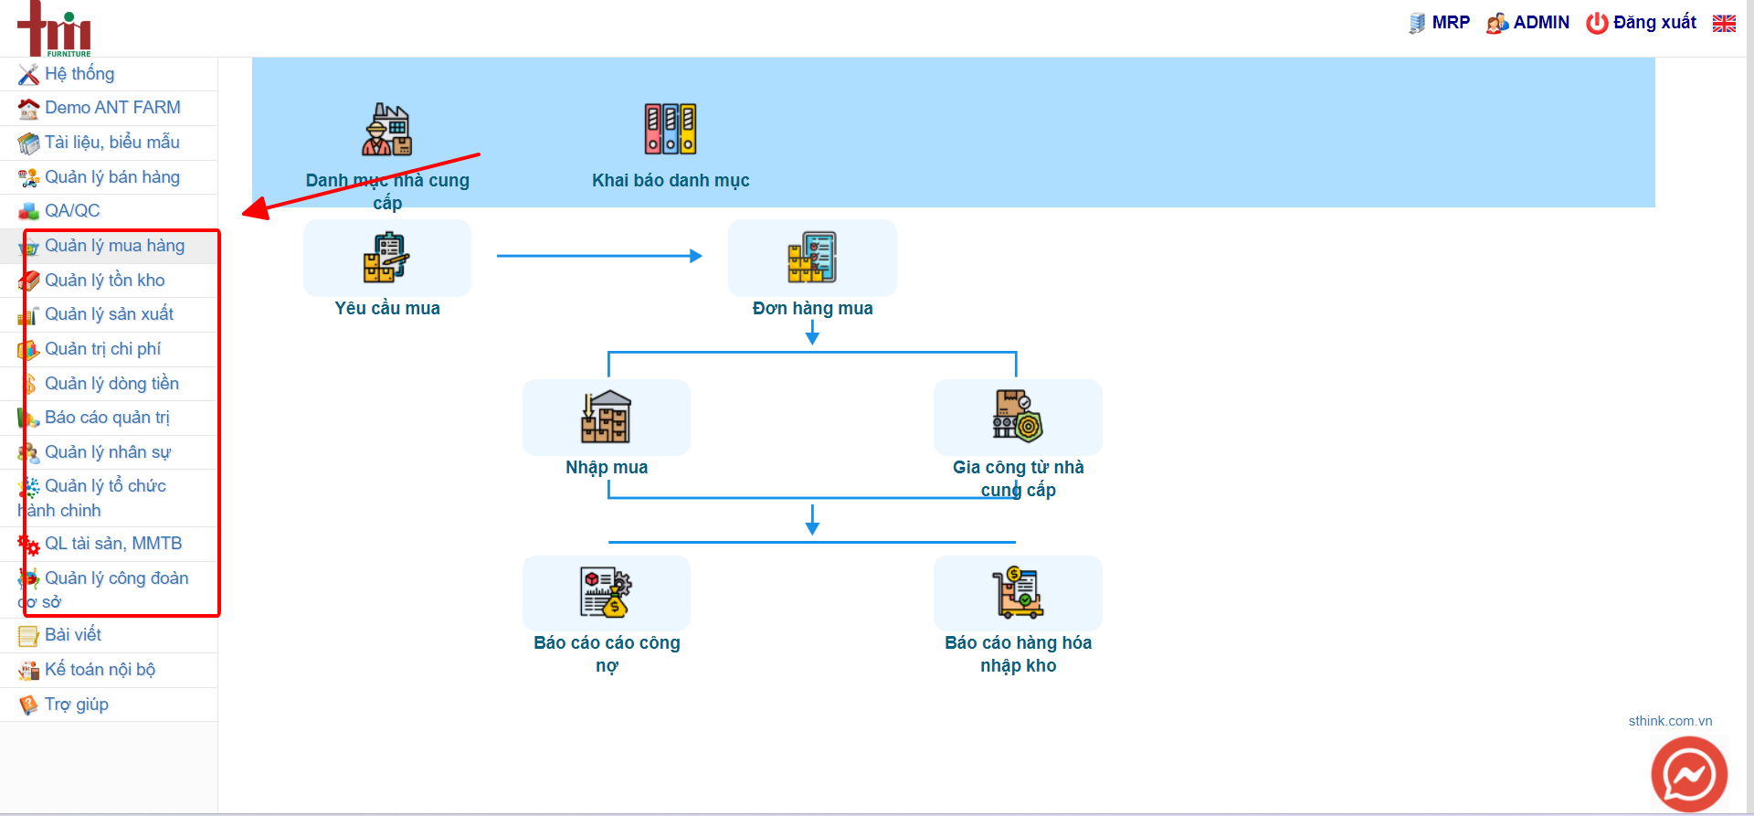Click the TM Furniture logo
click(55, 29)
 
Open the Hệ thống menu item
click(79, 74)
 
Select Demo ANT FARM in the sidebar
click(112, 108)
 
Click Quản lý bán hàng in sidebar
click(112, 177)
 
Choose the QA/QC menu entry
click(72, 211)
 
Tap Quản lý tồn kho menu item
click(105, 281)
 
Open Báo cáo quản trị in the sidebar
click(107, 418)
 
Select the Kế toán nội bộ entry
click(100, 670)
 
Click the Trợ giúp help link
click(77, 705)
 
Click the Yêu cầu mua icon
click(386, 258)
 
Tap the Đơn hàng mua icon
click(812, 258)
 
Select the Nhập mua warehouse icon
click(606, 417)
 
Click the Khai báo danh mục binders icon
click(671, 129)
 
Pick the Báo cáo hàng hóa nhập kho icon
click(1018, 592)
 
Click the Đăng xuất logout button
click(1641, 23)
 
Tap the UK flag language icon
click(1724, 24)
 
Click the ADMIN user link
click(1527, 23)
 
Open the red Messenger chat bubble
click(1689, 774)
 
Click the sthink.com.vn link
click(1670, 721)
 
